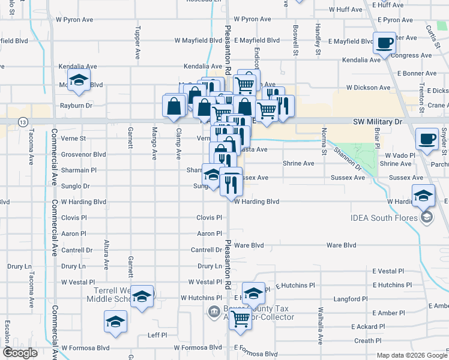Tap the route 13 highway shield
coord(22,122)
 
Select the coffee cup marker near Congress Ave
coord(384,43)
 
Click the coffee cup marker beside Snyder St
coord(427,139)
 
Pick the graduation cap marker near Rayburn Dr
coord(79,80)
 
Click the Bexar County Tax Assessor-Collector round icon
coord(212,311)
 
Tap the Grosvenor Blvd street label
coord(84,154)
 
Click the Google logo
coord(20,353)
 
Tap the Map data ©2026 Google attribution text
coord(411,355)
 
